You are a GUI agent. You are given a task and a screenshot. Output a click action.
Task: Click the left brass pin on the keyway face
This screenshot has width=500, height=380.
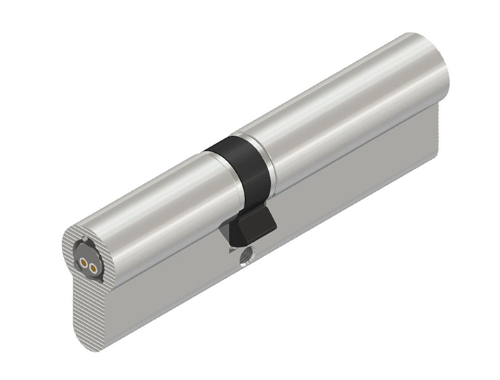pos(83,263)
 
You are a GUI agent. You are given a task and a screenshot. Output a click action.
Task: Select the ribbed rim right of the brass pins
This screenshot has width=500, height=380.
pos(104,267)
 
